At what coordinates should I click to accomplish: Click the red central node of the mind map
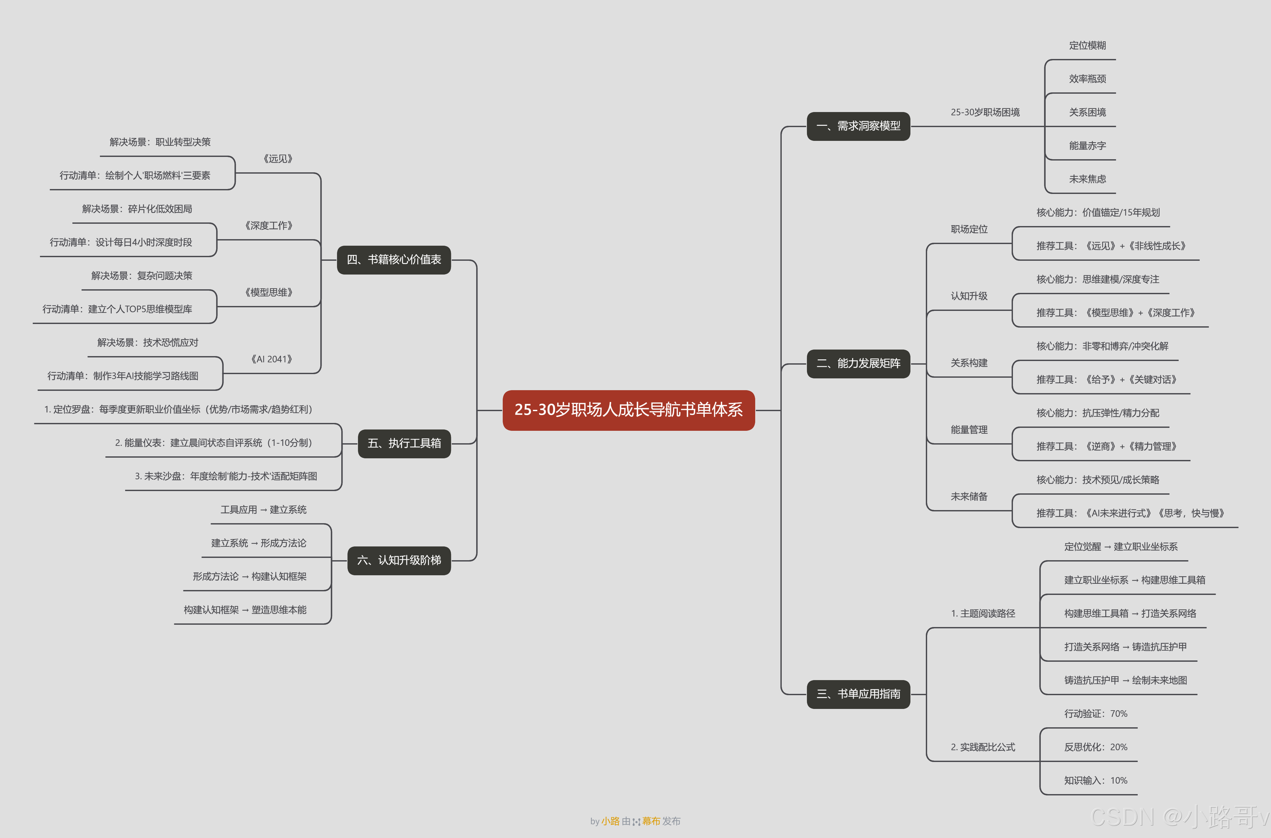[x=628, y=410]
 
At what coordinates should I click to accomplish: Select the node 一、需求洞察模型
[x=858, y=126]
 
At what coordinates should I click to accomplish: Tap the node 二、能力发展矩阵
[x=858, y=363]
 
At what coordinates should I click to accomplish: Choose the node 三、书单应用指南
[x=858, y=694]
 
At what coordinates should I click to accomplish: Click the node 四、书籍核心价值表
[x=394, y=260]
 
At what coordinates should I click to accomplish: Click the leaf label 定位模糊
[x=1087, y=46]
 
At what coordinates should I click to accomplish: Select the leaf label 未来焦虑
[x=1087, y=179]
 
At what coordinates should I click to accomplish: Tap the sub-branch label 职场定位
[x=969, y=229]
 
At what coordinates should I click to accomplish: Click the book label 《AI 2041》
[x=271, y=359]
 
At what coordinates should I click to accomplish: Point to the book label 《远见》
[x=277, y=159]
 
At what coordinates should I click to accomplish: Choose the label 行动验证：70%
[x=1095, y=714]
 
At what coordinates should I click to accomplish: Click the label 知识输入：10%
[x=1095, y=780]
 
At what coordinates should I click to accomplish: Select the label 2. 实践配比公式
[x=982, y=747]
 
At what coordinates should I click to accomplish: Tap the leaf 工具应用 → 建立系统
[x=263, y=509]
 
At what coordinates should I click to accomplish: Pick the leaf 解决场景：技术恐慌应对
[x=147, y=343]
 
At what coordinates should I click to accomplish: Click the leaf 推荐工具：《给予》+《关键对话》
[x=1106, y=379]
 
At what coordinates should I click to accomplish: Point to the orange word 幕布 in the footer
[x=651, y=821]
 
